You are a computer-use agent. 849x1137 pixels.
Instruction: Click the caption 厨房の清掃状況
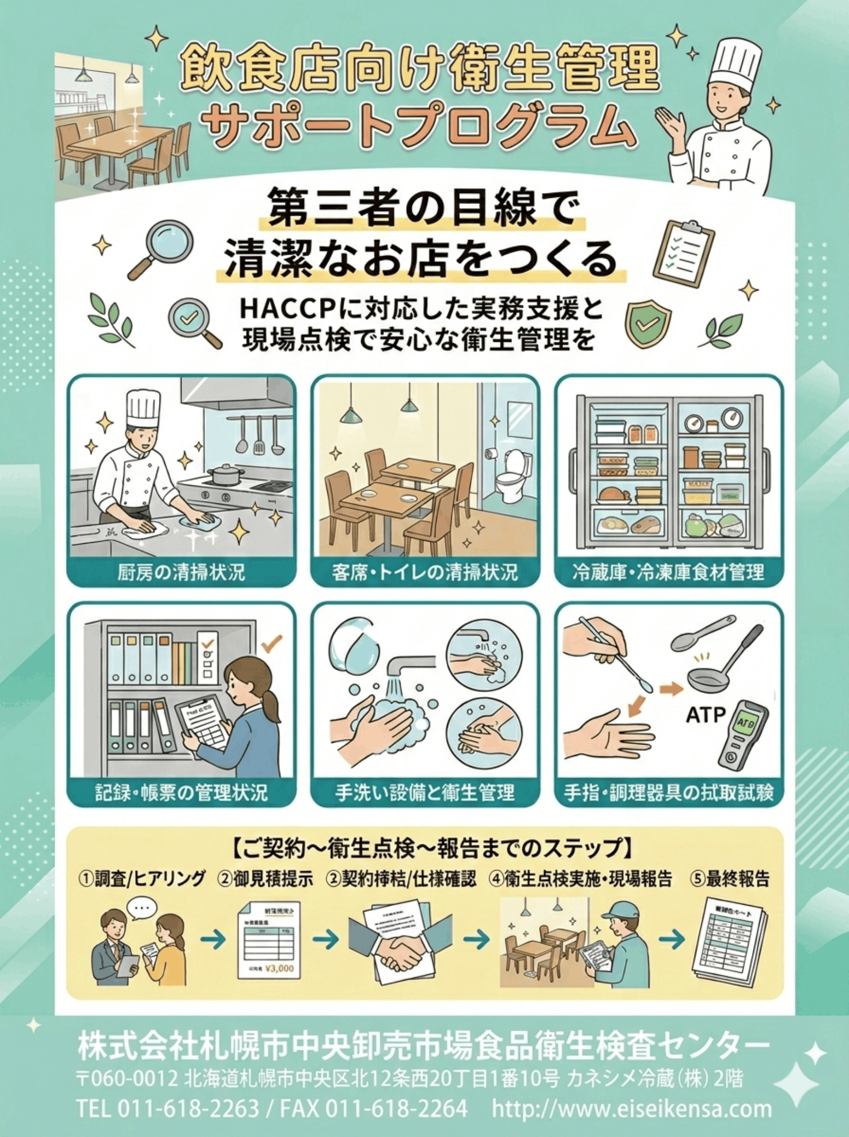181,572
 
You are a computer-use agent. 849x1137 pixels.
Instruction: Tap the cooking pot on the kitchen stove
226,474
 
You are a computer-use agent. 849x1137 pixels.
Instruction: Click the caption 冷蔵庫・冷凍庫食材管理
668,572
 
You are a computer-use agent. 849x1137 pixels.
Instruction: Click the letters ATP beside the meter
706,716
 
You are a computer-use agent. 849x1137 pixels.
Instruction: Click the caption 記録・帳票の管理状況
181,792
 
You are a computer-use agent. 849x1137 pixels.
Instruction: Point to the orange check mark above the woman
271,643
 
